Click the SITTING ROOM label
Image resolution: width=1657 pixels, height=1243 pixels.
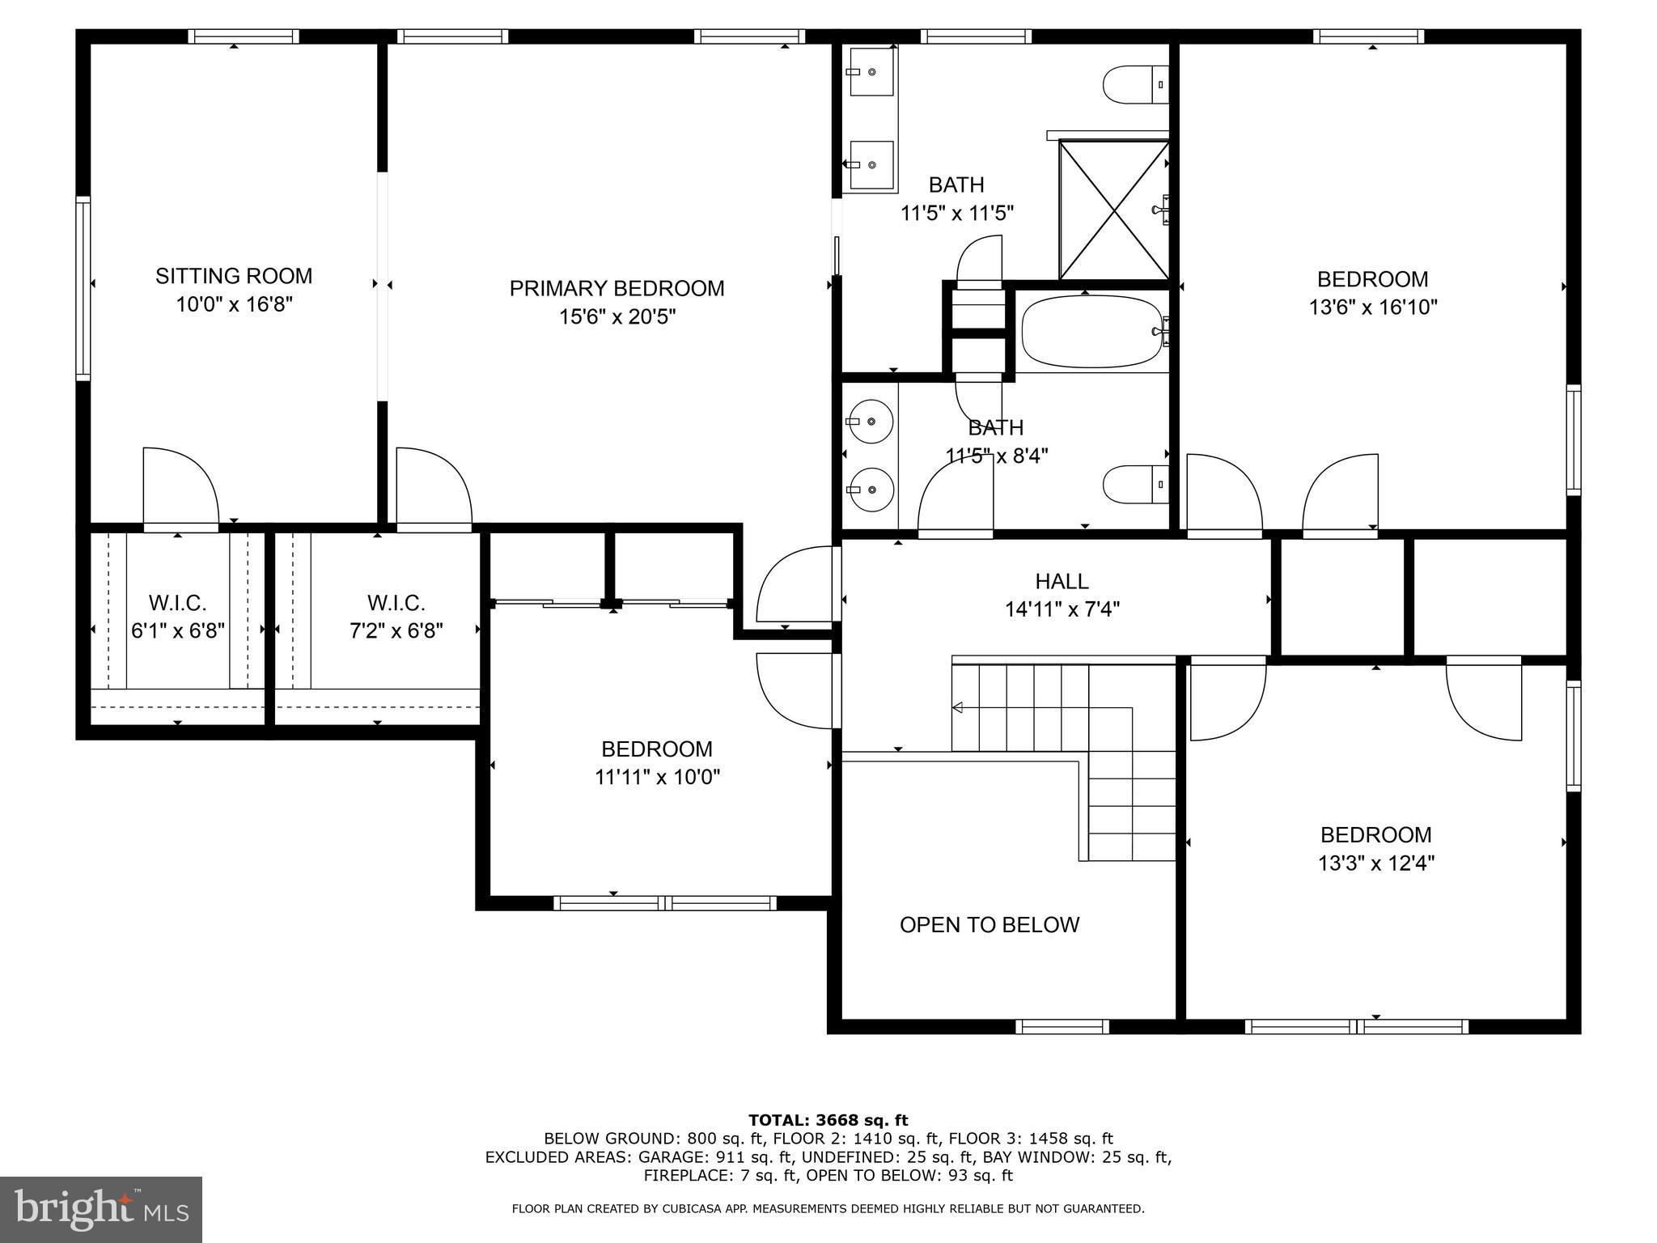click(x=234, y=276)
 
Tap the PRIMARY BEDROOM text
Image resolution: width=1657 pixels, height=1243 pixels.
click(x=617, y=288)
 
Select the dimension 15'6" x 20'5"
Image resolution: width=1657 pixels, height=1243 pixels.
click(x=617, y=316)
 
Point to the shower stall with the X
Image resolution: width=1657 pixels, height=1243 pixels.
click(x=1113, y=210)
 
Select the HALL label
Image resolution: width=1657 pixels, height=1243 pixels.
click(x=1062, y=581)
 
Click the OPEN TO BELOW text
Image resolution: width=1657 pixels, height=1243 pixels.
click(x=990, y=925)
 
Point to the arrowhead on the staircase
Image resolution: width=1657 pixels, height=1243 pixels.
click(x=957, y=708)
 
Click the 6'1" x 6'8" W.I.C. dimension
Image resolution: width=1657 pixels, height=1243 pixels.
click(x=178, y=630)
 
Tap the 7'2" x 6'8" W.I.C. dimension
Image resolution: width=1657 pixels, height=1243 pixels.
click(x=396, y=630)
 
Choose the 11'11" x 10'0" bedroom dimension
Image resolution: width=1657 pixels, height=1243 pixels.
click(x=657, y=777)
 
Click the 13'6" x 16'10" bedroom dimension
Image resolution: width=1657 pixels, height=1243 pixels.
click(x=1373, y=308)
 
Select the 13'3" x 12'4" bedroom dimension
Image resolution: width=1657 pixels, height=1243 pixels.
click(x=1376, y=863)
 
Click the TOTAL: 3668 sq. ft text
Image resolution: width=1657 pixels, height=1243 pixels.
click(x=828, y=1120)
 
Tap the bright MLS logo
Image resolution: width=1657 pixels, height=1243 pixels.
click(x=101, y=1209)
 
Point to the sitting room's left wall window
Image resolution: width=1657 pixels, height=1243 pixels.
click(x=83, y=287)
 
